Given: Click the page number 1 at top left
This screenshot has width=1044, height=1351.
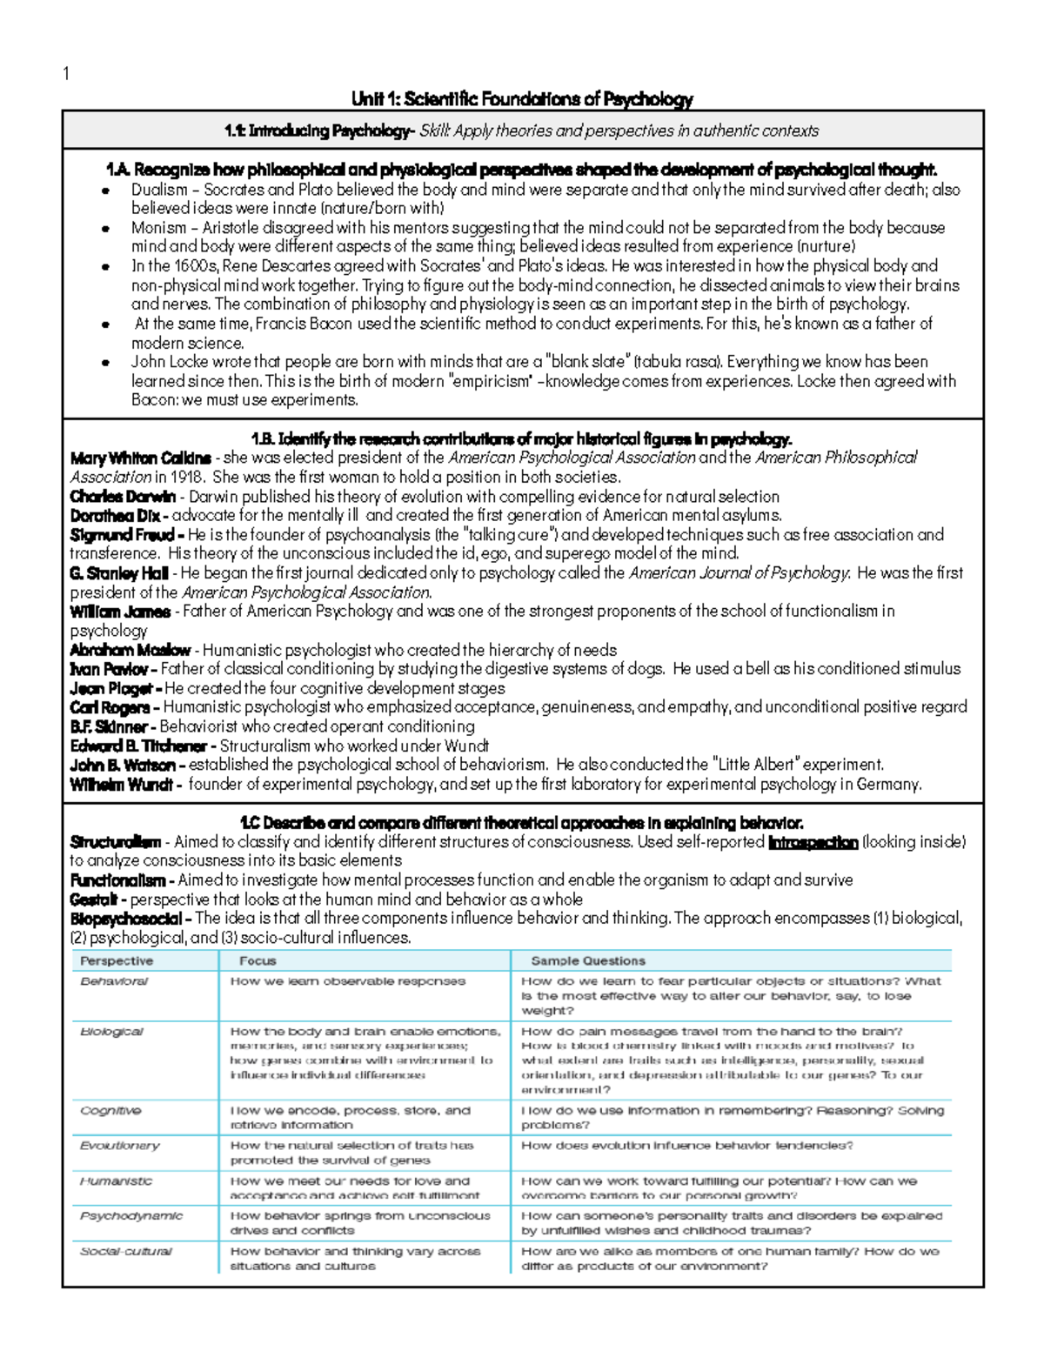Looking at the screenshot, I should coord(66,73).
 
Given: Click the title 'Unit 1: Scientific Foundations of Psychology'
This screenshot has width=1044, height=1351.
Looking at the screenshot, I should coord(522,99).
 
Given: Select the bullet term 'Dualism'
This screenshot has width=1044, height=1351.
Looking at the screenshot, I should coord(159,190).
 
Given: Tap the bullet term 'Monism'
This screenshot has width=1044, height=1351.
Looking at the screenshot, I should coord(158,228).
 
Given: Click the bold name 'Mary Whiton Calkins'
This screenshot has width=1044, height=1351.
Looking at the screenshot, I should coord(140,458).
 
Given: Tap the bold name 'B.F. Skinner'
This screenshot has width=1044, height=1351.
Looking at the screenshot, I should coord(109,726).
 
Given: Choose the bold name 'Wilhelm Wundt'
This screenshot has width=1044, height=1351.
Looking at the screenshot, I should coord(122,784).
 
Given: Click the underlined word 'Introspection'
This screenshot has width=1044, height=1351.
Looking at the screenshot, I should coord(813,842).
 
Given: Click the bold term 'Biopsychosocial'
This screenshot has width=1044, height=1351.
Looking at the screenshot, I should coord(126,919).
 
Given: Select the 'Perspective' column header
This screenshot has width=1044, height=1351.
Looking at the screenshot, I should coord(117,961).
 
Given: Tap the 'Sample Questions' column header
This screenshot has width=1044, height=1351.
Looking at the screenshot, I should coord(588,961).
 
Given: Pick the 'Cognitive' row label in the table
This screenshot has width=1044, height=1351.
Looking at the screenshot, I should coord(110,1111).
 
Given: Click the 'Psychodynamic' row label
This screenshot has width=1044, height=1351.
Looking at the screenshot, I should coord(131,1216).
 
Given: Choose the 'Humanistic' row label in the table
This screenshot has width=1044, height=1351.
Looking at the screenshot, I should coord(116,1181).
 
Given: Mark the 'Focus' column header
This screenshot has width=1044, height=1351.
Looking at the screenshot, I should coord(258,961).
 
